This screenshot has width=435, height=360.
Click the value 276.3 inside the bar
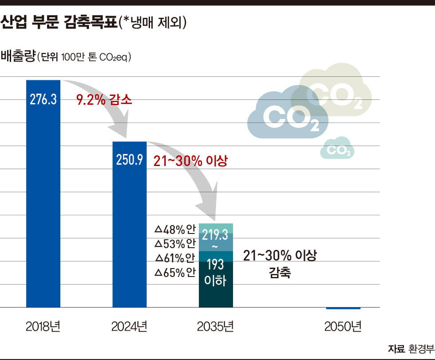tap(43, 99)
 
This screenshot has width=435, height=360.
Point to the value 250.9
tap(129, 160)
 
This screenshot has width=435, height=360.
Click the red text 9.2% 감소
tap(104, 100)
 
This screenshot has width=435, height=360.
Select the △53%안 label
tap(175, 244)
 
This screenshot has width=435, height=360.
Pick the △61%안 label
tap(175, 258)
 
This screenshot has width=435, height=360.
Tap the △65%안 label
tap(175, 273)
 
